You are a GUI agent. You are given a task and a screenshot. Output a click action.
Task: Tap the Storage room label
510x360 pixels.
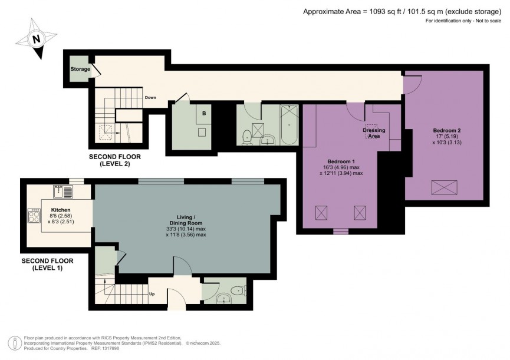click(80, 69)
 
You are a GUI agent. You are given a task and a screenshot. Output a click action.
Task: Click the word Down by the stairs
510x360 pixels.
click(150, 98)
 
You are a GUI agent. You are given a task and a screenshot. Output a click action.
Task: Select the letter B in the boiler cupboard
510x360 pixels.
click(204, 113)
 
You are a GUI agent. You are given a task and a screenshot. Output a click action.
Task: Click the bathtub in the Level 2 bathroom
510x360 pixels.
click(289, 125)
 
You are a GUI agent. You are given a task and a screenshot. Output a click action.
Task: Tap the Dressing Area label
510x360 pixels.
click(374, 133)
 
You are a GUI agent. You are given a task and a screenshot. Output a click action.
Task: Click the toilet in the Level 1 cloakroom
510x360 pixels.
click(237, 289)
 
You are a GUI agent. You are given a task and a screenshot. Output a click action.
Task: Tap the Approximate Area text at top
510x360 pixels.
click(404, 11)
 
